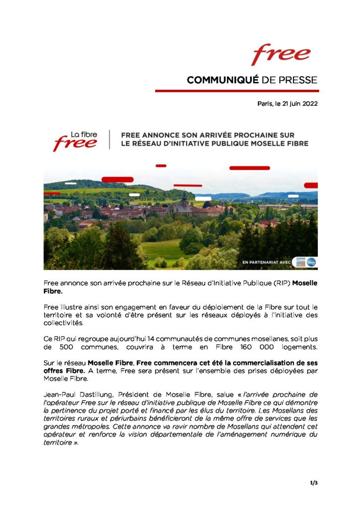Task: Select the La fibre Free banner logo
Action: [76, 141]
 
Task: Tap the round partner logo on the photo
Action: [311, 261]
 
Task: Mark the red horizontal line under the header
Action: [237, 91]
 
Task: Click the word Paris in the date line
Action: [265, 104]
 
